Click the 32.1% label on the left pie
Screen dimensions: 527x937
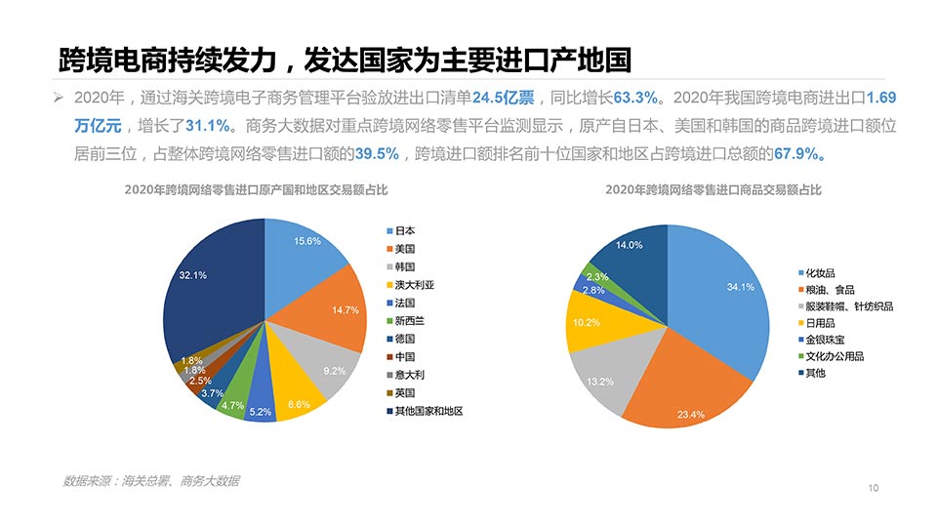point(193,275)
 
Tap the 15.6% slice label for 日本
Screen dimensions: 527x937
point(307,241)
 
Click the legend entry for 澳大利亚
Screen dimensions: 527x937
point(414,285)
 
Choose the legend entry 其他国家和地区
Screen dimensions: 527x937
point(428,411)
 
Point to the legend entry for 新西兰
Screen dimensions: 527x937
point(409,321)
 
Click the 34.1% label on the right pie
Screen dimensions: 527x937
point(741,287)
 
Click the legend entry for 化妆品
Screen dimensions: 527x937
point(819,272)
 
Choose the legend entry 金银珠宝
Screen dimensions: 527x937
point(825,339)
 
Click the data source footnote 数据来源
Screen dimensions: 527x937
point(151,481)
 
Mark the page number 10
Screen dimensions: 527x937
point(874,488)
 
